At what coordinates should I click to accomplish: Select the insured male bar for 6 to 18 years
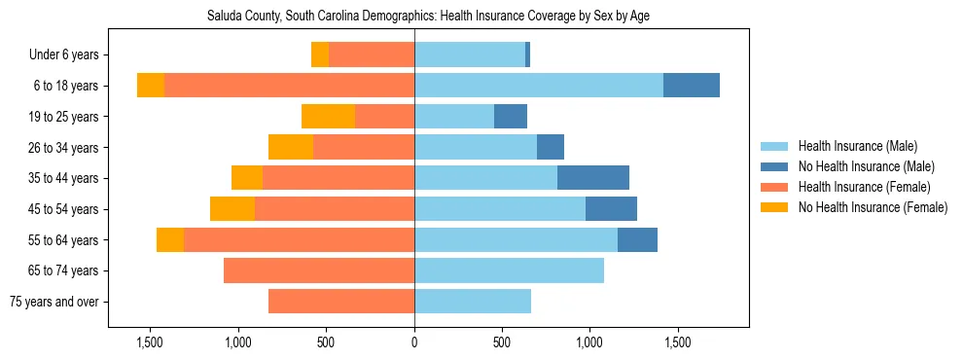(x=539, y=86)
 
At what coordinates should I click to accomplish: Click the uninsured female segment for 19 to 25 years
(x=328, y=117)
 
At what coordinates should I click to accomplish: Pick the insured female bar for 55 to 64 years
(x=299, y=240)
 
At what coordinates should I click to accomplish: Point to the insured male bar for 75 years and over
(x=473, y=302)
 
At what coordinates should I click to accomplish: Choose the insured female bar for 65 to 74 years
(x=319, y=270)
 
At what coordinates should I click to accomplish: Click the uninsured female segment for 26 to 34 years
(x=291, y=147)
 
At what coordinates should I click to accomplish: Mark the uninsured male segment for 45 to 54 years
(x=611, y=209)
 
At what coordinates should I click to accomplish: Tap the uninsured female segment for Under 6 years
(x=320, y=54)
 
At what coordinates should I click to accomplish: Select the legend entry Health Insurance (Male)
(x=856, y=146)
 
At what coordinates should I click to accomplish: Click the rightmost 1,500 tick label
(x=677, y=343)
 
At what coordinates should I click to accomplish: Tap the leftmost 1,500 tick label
(x=150, y=343)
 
